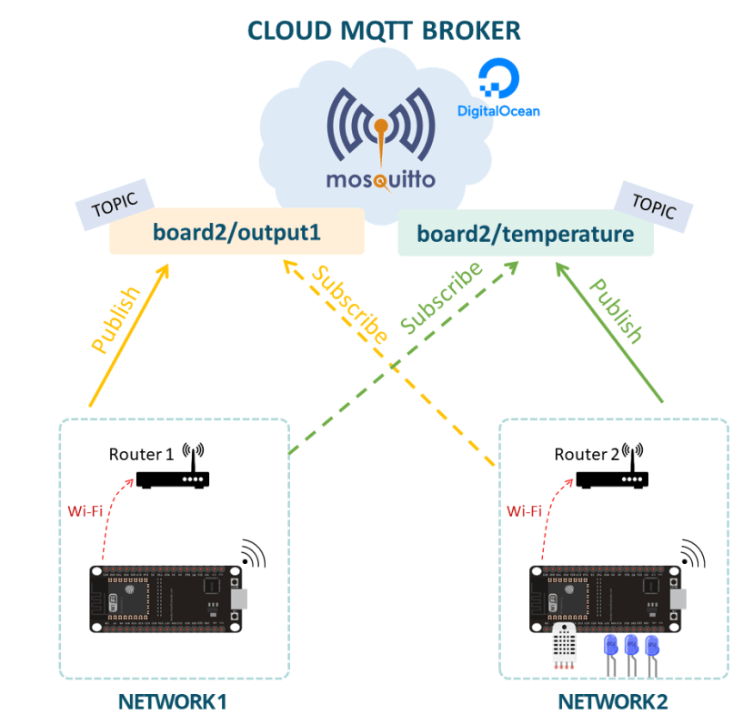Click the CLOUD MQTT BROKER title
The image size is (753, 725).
(x=385, y=30)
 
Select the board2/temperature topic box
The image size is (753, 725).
(x=526, y=234)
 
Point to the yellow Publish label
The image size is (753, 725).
(x=116, y=320)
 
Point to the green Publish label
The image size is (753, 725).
(x=616, y=310)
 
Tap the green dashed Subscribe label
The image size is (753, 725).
(x=442, y=297)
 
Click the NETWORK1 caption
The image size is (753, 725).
(x=172, y=702)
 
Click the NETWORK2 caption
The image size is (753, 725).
(x=612, y=702)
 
